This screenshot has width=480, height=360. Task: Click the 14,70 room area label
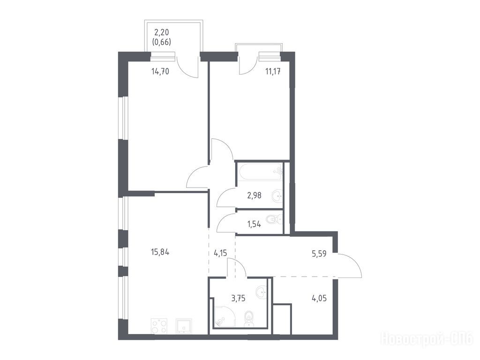pos(160,72)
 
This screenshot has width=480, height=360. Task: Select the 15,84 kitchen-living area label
pos(160,252)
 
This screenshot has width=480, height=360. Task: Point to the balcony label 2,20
pos(161,32)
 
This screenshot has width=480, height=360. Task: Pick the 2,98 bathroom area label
pos(254,195)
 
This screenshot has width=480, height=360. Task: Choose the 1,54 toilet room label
pos(254,224)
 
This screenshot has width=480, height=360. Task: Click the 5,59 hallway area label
pos(319,254)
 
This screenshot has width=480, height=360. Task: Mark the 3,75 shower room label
pos(239,298)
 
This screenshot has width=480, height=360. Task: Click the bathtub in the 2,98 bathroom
pos(260,172)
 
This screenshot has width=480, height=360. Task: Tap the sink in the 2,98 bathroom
pos(277,195)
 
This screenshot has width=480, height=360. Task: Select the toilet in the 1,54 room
pos(274,219)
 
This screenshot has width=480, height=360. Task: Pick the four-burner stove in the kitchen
pos(159,326)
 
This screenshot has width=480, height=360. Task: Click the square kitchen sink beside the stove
pos(184,326)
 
